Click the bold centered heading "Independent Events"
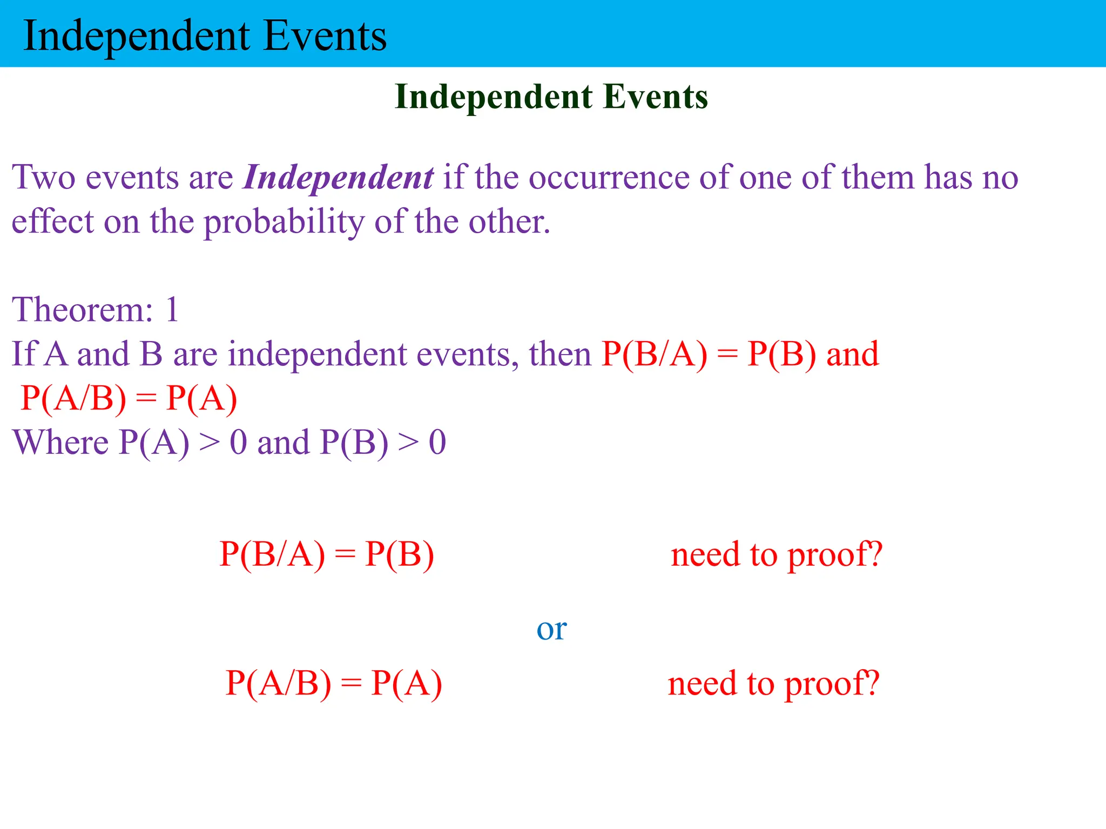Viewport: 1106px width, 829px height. point(551,97)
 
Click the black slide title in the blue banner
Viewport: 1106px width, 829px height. point(205,36)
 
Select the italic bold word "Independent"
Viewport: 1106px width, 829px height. point(338,177)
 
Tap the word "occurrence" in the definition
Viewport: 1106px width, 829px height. point(609,177)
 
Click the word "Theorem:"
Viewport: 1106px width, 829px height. point(83,310)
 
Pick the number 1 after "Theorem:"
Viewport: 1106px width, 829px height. point(172,310)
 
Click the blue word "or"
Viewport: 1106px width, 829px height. point(551,629)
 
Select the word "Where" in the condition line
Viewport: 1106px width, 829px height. point(60,443)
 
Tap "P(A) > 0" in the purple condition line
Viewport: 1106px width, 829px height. point(183,443)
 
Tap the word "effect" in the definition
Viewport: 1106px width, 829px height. point(52,221)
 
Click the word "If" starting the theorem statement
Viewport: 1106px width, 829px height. point(24,354)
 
